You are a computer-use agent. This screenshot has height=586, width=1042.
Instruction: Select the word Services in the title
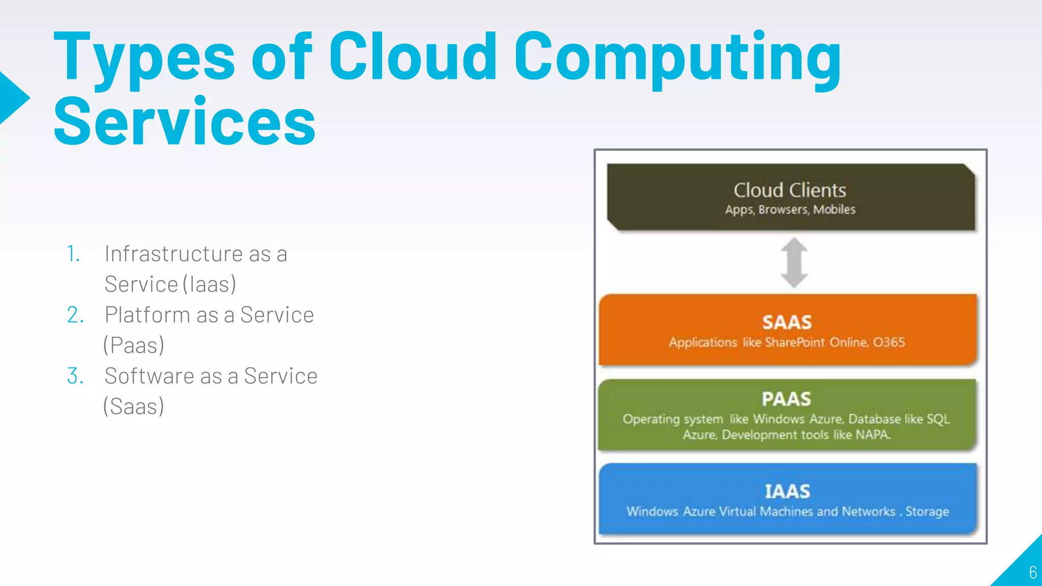click(x=184, y=122)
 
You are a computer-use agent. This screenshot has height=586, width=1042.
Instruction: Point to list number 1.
click(x=73, y=254)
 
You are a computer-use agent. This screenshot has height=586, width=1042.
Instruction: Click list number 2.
click(x=75, y=315)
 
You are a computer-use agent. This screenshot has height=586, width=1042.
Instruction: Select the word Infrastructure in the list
click(x=173, y=254)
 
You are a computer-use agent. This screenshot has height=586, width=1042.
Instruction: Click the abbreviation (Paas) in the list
click(x=133, y=345)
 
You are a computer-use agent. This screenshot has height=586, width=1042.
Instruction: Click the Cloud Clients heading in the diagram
click(x=790, y=190)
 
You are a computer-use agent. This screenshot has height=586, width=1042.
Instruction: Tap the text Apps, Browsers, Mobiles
click(x=790, y=210)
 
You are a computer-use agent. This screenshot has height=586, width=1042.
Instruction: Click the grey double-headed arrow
click(x=794, y=262)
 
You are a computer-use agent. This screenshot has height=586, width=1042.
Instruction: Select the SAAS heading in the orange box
click(x=787, y=323)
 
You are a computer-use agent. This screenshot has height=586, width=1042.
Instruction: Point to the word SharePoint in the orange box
click(x=794, y=342)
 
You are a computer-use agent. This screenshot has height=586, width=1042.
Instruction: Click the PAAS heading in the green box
click(x=786, y=399)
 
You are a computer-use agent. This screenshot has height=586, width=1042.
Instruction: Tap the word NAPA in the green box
click(x=872, y=435)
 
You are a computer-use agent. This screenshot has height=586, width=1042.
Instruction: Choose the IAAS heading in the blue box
click(x=787, y=491)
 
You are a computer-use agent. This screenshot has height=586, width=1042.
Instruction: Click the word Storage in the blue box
click(x=927, y=512)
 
